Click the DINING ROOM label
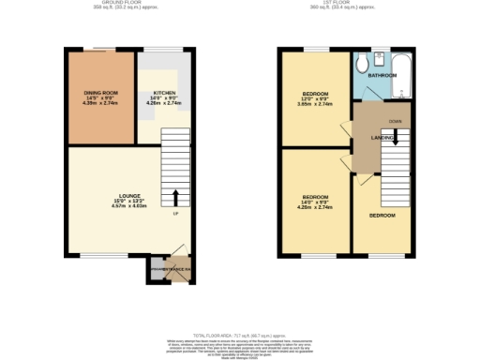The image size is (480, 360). click(x=100, y=92)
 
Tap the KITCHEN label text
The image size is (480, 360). click(x=164, y=93)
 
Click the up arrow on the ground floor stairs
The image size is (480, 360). click(x=175, y=197)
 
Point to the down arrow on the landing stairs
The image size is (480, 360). click(x=396, y=138)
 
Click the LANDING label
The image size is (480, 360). click(x=382, y=138)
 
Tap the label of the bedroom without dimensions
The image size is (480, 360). click(x=382, y=216)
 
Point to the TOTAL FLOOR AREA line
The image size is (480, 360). click(x=239, y=335)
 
